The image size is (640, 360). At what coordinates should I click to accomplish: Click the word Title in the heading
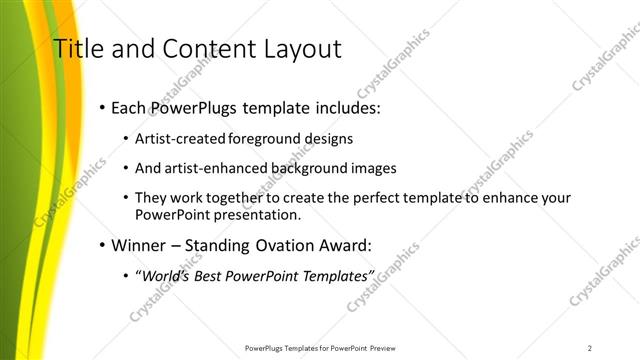pos(76,48)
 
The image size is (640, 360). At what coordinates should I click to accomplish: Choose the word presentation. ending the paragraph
pos(250,215)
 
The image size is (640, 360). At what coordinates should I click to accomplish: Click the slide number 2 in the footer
pos(590,347)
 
